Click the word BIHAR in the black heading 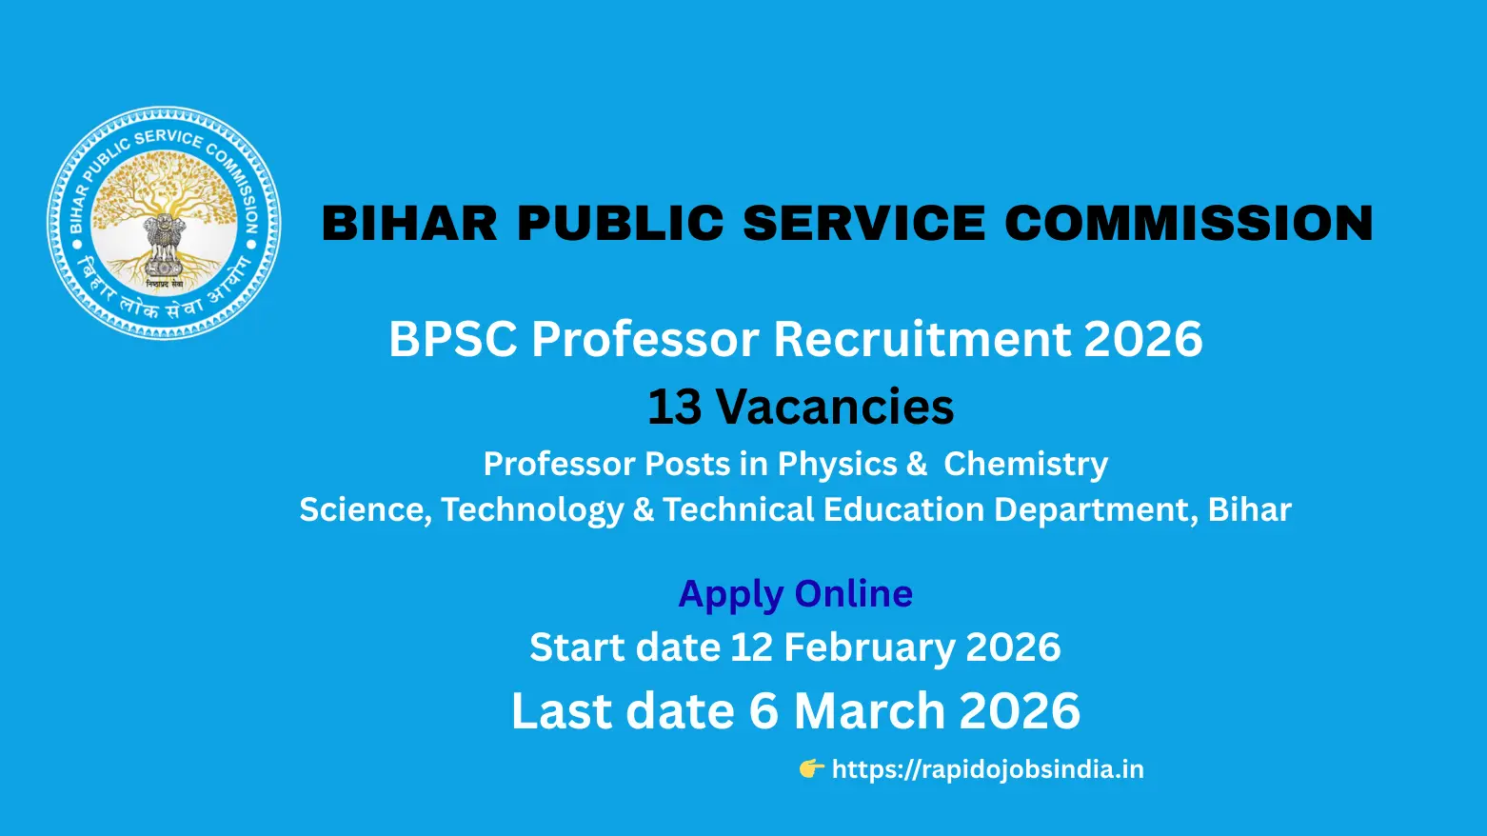pos(409,224)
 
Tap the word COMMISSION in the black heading pos(1189,224)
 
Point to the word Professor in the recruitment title pos(646,339)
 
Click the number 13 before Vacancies pos(674,408)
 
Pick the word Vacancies pos(834,408)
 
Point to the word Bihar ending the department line pos(1249,509)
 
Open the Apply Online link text pos(795,594)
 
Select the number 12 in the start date pos(751,647)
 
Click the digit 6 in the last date pos(763,711)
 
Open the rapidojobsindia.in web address pos(987,769)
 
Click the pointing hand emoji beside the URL pos(811,768)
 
